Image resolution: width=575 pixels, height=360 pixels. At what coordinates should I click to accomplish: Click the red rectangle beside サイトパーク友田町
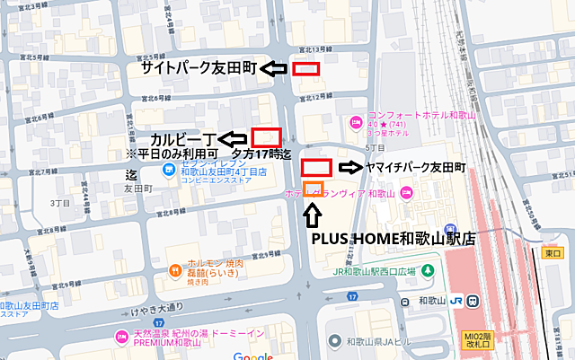click(x=306, y=68)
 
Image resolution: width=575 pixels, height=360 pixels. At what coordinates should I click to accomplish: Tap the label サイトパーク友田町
click(x=199, y=68)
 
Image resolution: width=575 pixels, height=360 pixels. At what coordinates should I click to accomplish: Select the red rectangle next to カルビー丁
click(x=266, y=137)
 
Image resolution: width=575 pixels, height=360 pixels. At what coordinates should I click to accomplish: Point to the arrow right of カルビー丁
click(x=233, y=138)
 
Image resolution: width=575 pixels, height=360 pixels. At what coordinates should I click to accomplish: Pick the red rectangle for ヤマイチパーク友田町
click(x=316, y=166)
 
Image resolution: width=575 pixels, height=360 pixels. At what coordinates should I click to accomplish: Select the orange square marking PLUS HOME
click(x=313, y=189)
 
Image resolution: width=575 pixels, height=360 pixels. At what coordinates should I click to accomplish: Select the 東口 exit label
click(x=551, y=254)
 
